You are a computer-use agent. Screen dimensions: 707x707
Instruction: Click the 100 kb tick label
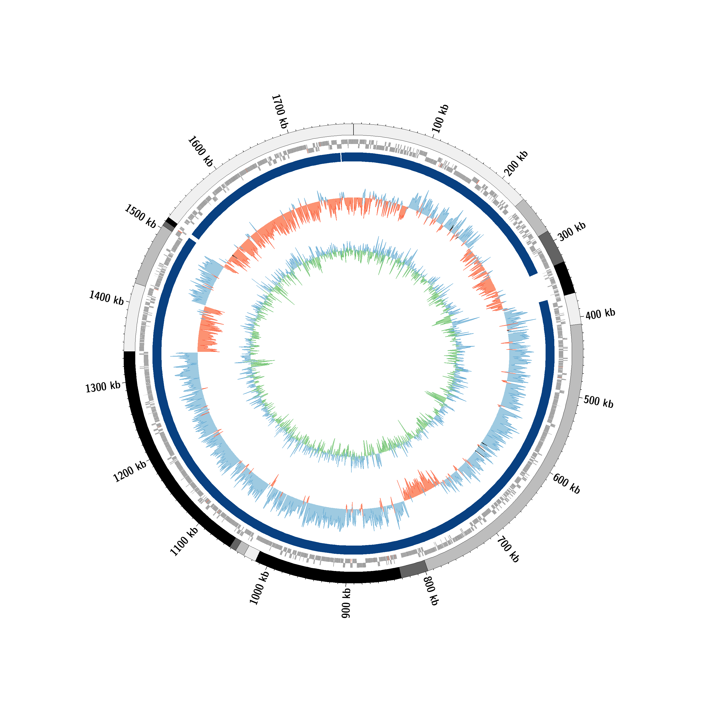[x=440, y=118]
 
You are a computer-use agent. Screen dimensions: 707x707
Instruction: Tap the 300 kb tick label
[x=572, y=231]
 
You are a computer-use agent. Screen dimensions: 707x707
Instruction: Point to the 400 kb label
[x=600, y=314]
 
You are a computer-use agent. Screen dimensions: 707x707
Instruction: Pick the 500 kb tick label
[x=599, y=401]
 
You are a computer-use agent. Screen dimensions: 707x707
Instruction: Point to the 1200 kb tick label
[x=130, y=471]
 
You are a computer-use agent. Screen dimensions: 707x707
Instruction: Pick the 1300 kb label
[x=103, y=387]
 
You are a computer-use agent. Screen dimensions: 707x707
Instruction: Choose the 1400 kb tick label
[x=107, y=297]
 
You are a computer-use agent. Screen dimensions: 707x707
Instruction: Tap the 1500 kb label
[x=140, y=216]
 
